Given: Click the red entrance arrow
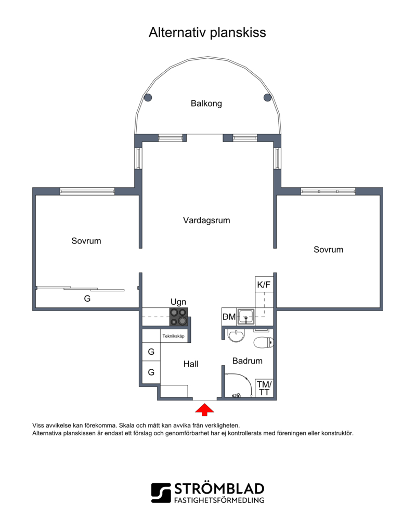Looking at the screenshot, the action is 204,410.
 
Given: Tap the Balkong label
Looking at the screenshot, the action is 206,104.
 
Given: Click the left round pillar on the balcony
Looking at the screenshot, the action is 148,98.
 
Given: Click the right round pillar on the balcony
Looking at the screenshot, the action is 267,98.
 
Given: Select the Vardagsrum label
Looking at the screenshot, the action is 206,221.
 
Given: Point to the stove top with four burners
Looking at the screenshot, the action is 178,317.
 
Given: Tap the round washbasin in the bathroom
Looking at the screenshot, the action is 236,335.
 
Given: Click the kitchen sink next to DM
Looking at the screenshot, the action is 245,317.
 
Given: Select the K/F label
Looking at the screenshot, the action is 264,285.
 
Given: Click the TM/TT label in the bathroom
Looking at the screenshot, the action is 264,388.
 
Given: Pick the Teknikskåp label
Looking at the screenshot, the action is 173,337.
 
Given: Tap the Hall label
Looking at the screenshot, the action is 191,364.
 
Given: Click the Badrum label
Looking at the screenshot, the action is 248,361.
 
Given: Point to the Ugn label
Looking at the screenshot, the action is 178,302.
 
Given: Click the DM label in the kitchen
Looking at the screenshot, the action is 229,317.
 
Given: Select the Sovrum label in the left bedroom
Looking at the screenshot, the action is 86,241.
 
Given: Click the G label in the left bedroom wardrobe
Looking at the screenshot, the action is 87,299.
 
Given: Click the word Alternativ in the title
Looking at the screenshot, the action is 178,32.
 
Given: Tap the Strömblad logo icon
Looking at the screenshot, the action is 161,493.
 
